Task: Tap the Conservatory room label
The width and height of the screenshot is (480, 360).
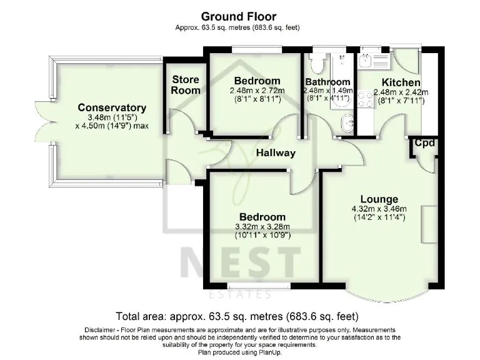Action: tap(112, 108)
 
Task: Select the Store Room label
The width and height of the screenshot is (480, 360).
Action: tap(186, 85)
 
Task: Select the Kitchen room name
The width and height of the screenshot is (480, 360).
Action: tap(401, 82)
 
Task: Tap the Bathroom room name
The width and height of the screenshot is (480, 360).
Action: tap(327, 82)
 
